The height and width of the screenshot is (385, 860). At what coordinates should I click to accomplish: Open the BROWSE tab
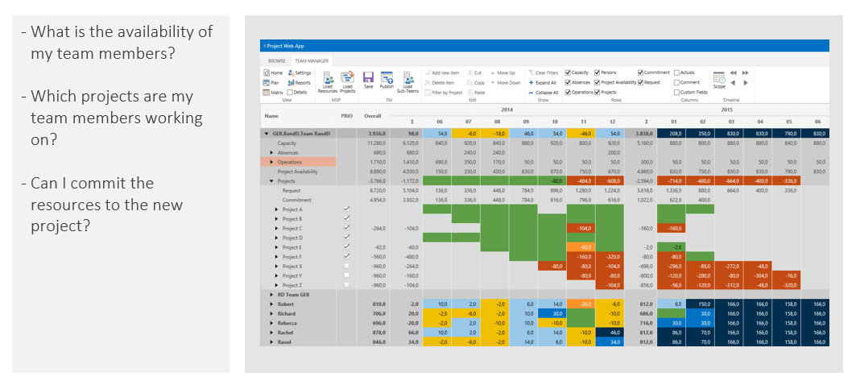pyautogui.click(x=277, y=60)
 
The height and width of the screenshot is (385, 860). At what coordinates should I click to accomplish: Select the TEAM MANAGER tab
pyautogui.click(x=310, y=60)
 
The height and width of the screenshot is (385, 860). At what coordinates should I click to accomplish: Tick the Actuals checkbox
pyautogui.click(x=677, y=72)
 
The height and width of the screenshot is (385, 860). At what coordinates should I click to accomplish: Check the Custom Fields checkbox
pyautogui.click(x=677, y=92)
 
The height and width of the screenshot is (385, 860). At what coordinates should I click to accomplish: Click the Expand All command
pyautogui.click(x=543, y=82)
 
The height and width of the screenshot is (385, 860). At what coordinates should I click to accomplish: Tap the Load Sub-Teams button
pyautogui.click(x=408, y=81)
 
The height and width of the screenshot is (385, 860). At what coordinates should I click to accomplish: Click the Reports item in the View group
pyautogui.click(x=299, y=82)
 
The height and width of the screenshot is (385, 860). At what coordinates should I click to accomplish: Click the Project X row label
pyautogui.click(x=292, y=266)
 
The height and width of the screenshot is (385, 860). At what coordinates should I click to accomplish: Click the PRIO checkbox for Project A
pyautogui.click(x=346, y=209)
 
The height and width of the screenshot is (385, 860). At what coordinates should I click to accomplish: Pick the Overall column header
pyautogui.click(x=372, y=116)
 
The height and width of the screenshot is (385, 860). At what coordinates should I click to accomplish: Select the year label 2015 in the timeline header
pyautogui.click(x=726, y=110)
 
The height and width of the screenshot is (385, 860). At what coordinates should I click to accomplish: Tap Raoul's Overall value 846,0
pyautogui.click(x=378, y=342)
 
